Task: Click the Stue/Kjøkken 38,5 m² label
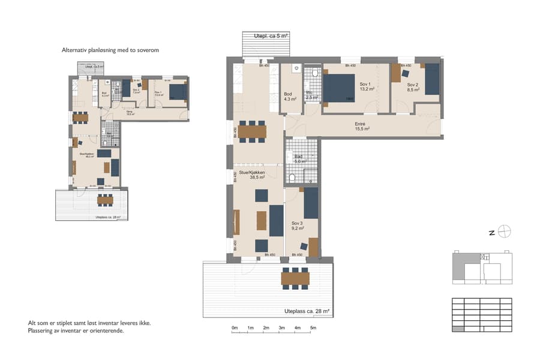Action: [x=253, y=175]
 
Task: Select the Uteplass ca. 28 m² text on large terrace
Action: [x=307, y=311]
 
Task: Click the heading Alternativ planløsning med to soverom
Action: [x=110, y=50]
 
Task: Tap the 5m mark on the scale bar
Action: [x=313, y=328]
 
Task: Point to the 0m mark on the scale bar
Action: [x=235, y=328]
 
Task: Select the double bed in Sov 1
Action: [x=340, y=88]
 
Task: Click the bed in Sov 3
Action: [x=311, y=203]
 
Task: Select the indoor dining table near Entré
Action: [x=253, y=130]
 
